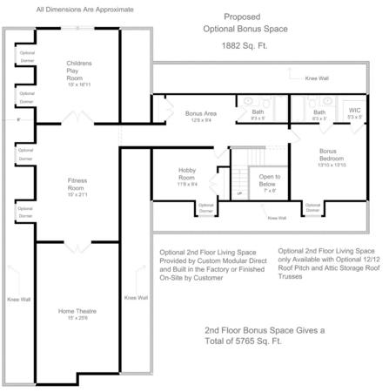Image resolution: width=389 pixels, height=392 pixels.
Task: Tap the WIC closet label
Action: coord(354,112)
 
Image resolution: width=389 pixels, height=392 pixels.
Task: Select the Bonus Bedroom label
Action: coord(331,154)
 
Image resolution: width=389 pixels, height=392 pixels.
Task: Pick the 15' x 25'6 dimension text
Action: coord(77,318)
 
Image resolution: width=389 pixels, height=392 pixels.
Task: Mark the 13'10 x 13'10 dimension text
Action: coord(332,165)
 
